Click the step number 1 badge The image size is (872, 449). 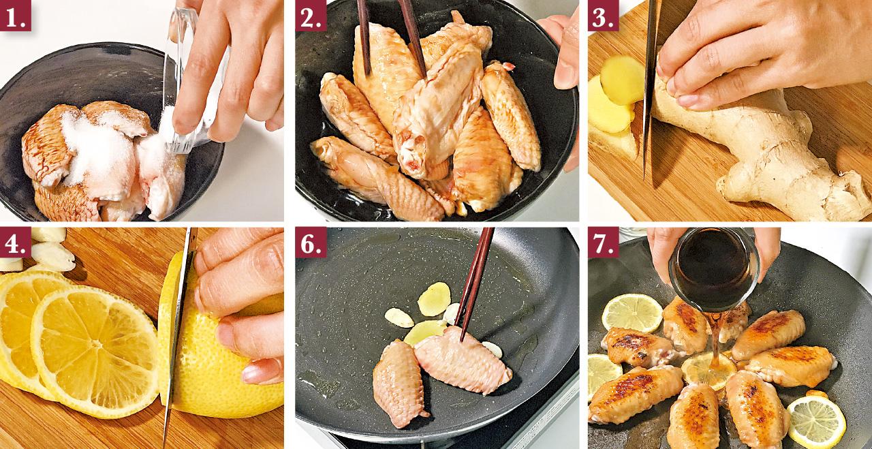[x=16, y=16]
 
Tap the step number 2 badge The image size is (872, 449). [x=311, y=16]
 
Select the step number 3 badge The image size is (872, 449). [x=603, y=16]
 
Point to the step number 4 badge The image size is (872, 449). [x=16, y=242]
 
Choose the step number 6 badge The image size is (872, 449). [x=311, y=242]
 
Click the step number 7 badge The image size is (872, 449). [x=603, y=242]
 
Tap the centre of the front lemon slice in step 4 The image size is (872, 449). [x=95, y=345]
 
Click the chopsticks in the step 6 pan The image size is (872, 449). [x=475, y=282]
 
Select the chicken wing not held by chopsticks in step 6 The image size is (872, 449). [x=399, y=384]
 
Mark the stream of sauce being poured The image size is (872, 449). [x=715, y=339]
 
